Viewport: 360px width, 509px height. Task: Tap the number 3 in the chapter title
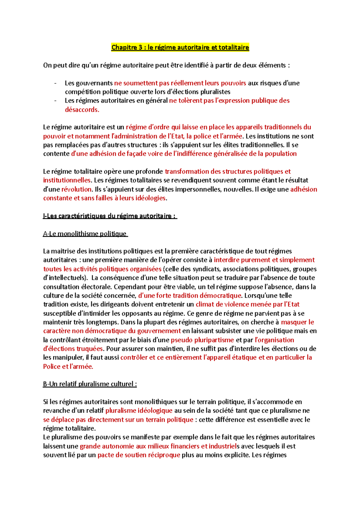(x=140, y=47)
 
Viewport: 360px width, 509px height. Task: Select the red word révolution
(x=76, y=189)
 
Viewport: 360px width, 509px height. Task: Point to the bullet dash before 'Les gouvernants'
(x=55, y=83)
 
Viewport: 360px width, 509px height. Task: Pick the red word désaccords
(x=82, y=110)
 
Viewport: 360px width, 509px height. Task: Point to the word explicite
(x=236, y=455)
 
